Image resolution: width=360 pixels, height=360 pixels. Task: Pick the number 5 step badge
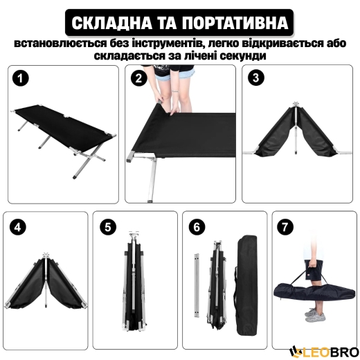pyautogui.click(x=106, y=226)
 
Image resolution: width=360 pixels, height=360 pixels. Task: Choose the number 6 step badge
pyautogui.click(x=195, y=226)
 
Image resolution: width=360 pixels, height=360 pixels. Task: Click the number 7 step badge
pyautogui.click(x=285, y=226)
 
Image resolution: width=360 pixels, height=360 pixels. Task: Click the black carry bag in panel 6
pyautogui.click(x=246, y=280)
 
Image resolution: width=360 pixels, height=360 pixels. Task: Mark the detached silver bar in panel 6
pyautogui.click(x=199, y=284)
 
